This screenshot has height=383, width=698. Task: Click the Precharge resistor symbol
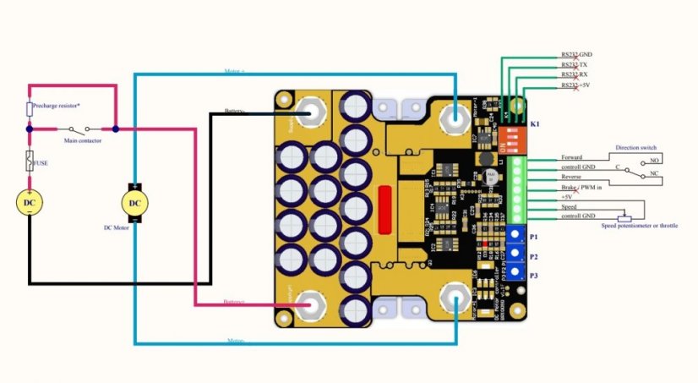click(x=30, y=109)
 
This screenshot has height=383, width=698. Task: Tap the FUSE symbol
click(x=30, y=158)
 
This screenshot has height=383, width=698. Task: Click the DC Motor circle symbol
click(x=134, y=203)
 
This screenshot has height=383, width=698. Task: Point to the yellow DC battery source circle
click(x=30, y=203)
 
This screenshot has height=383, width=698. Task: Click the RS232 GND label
click(x=576, y=54)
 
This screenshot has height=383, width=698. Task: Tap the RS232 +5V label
click(x=575, y=85)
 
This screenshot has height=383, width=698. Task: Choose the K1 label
click(x=534, y=124)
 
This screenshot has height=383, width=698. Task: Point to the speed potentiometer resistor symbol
click(x=624, y=217)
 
